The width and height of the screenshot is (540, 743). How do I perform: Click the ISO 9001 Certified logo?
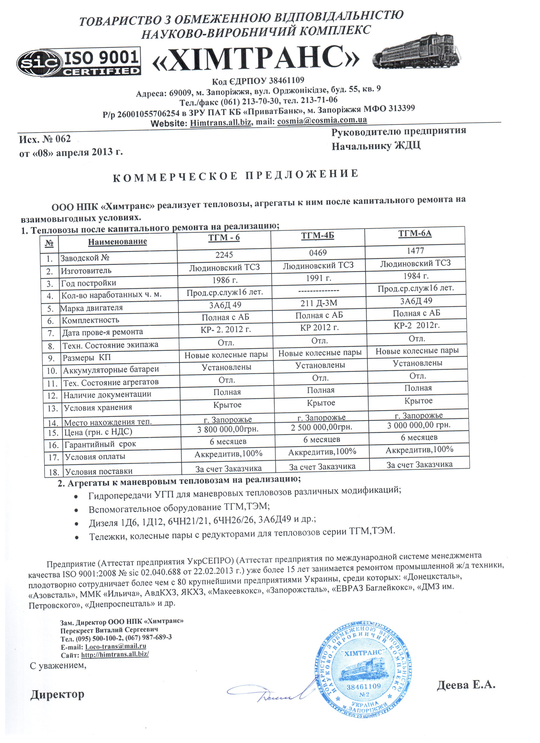pos(79,62)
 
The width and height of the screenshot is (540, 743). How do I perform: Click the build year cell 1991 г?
pos(318,278)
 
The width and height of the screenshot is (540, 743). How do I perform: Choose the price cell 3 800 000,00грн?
pos(228,429)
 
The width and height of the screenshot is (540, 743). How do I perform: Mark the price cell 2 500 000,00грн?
pos(321,427)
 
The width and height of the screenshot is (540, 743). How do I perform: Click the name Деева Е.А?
pos(466,685)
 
